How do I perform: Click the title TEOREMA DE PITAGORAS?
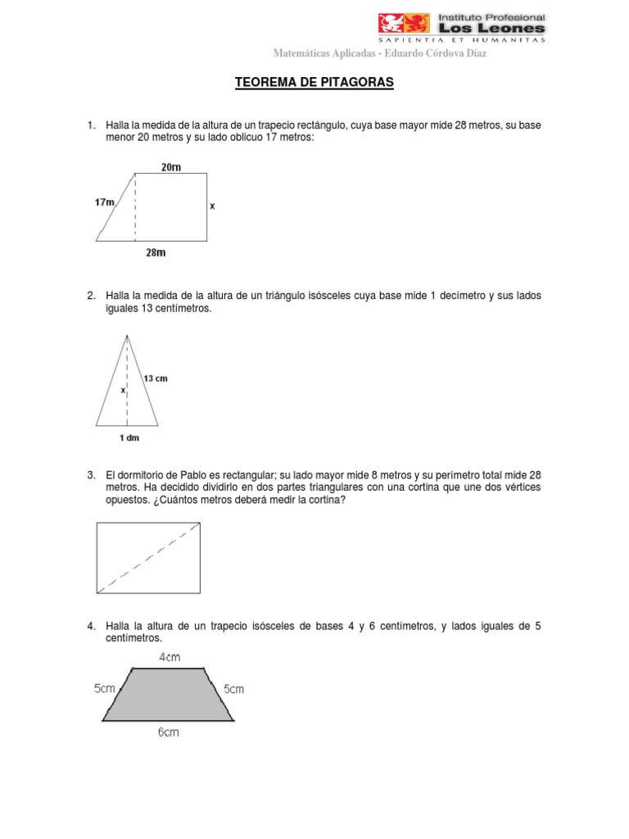(314, 84)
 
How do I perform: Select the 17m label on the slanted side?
(105, 201)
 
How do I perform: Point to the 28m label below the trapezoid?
(156, 253)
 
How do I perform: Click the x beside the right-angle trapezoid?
(212, 207)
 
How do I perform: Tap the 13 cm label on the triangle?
(156, 379)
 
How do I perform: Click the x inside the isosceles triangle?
(123, 391)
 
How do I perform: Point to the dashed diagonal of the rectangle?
(149, 558)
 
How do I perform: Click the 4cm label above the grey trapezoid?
(170, 657)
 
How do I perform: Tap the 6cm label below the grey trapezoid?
(168, 732)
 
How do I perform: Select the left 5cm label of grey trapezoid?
(106, 689)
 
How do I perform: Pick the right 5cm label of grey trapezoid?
(233, 689)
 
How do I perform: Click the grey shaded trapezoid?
(169, 695)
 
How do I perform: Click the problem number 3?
(91, 475)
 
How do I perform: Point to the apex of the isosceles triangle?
(127, 335)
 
